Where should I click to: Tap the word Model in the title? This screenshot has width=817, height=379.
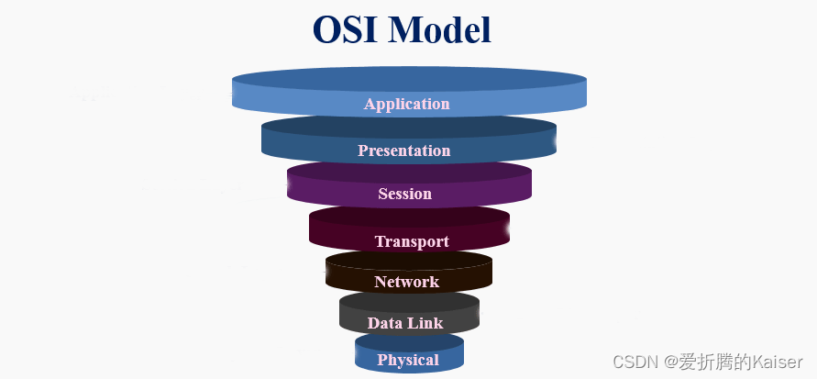(x=439, y=29)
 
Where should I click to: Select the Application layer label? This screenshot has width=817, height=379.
(x=407, y=104)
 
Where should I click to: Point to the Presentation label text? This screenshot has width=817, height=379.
(x=404, y=150)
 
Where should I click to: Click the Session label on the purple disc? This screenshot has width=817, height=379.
(x=404, y=194)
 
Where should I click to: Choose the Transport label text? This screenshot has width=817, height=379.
(x=412, y=241)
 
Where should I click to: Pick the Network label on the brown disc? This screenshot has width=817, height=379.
(x=406, y=282)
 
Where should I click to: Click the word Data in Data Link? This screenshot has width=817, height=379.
(x=386, y=323)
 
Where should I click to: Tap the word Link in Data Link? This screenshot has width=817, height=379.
(x=426, y=323)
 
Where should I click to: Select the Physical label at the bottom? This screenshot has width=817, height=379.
(x=408, y=360)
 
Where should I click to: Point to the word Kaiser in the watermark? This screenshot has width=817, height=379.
(x=777, y=362)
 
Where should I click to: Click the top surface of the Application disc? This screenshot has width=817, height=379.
(x=409, y=78)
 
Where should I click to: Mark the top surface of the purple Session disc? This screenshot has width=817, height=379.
(x=409, y=172)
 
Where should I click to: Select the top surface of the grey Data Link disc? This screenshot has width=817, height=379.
(x=409, y=301)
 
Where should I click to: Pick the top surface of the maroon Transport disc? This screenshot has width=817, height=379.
(x=409, y=217)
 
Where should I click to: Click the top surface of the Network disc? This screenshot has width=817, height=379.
(x=409, y=260)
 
